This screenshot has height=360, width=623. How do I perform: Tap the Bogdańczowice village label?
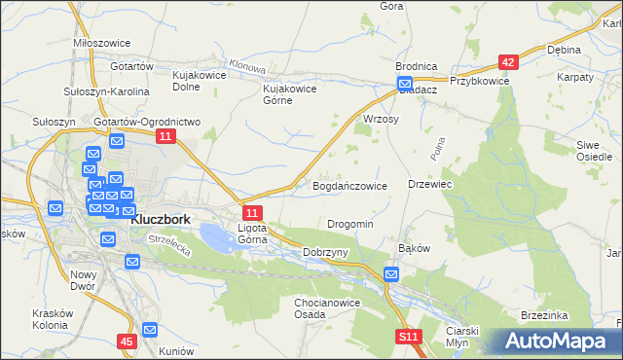tap(349, 185)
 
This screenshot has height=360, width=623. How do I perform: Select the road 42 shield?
tap(506, 61)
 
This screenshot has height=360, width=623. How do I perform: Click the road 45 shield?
tap(127, 342)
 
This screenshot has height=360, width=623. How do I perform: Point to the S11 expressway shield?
tap(409, 338)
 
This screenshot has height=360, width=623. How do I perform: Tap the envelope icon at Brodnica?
tap(404, 84)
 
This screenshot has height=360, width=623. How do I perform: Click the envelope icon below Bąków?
tap(390, 275)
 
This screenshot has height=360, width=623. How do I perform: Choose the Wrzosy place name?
tap(381, 119)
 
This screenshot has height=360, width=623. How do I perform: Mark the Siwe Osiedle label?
tap(594, 150)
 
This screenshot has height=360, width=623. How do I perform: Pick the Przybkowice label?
tap(480, 82)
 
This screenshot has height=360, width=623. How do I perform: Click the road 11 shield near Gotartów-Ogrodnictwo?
tap(165, 138)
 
